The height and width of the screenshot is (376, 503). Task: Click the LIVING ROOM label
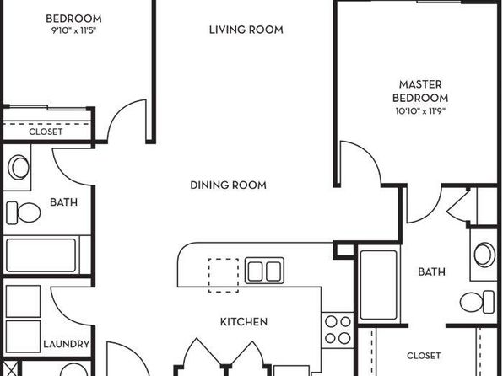[x=246, y=30]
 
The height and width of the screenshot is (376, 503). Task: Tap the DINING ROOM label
[x=228, y=185]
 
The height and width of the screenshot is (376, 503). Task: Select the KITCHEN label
[x=244, y=321]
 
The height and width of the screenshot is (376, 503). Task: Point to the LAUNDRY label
[x=67, y=344]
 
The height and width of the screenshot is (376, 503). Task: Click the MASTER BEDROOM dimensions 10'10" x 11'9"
[x=420, y=111]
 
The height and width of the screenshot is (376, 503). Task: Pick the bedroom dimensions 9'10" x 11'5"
[x=73, y=30]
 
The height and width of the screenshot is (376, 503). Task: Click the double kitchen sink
[x=264, y=271]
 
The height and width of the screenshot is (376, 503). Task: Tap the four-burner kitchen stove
[x=338, y=330]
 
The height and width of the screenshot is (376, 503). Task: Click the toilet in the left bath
[x=24, y=212]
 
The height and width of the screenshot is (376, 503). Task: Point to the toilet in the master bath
[x=477, y=302]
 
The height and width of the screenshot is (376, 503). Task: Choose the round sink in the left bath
[x=19, y=167]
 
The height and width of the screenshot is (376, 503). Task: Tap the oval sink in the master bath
[x=484, y=255]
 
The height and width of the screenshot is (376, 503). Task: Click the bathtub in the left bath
[x=41, y=255]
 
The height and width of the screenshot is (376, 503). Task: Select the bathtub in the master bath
[x=379, y=285]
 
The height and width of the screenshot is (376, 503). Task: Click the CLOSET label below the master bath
[x=424, y=356]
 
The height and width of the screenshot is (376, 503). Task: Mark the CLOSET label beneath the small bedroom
[x=46, y=132]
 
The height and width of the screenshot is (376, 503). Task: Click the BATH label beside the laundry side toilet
[x=64, y=202]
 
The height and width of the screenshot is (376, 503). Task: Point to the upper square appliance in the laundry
[x=23, y=301]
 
